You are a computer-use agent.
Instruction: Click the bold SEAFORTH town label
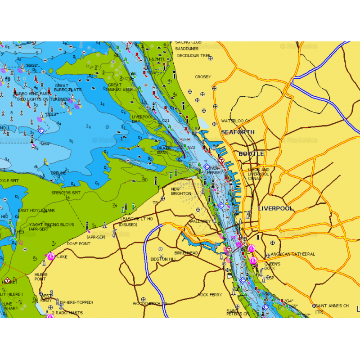click(237, 132)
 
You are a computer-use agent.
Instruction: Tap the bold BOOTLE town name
click(251, 154)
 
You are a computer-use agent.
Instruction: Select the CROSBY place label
click(202, 77)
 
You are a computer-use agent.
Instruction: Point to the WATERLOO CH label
click(235, 121)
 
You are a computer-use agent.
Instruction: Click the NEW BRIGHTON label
click(181, 191)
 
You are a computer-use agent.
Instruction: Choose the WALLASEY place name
click(200, 221)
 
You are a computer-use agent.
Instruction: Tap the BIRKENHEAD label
click(186, 253)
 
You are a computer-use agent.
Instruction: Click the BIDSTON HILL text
click(163, 259)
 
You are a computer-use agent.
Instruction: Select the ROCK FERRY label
click(210, 295)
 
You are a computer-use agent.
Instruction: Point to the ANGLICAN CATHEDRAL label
click(293, 254)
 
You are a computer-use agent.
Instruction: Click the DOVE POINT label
click(78, 244)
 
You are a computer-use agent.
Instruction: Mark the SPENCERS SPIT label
click(66, 193)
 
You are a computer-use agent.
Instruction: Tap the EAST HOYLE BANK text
click(36, 211)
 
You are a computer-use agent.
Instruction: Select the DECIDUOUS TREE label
click(193, 56)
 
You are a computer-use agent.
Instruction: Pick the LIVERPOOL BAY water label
click(142, 119)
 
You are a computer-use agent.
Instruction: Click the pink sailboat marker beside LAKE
click(51, 256)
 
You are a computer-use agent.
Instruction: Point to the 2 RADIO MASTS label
click(67, 313)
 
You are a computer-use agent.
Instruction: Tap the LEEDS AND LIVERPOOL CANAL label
click(258, 174)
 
